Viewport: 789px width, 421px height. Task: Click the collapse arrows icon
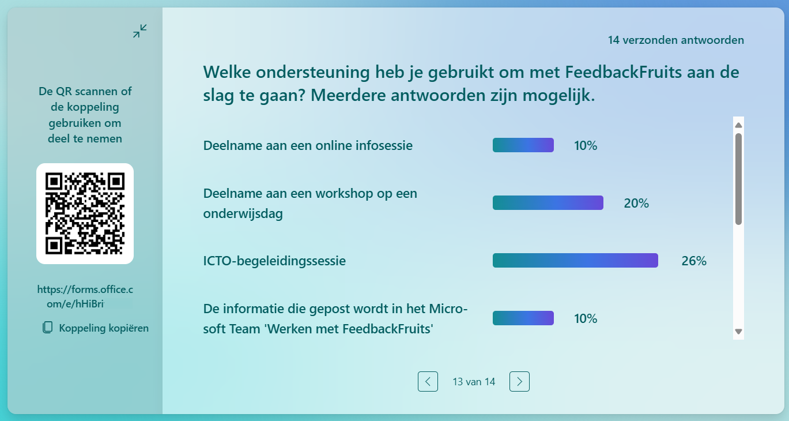coord(140,31)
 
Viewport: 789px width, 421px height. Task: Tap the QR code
coord(85,213)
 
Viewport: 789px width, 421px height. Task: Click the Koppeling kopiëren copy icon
coord(48,328)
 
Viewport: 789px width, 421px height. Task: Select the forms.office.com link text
coord(85,296)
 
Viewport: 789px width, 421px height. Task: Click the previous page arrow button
coord(428,381)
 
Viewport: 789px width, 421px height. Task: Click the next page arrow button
coord(519,381)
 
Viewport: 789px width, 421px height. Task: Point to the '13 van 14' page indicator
coord(474,382)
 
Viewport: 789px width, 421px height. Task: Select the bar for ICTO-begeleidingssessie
coord(575,261)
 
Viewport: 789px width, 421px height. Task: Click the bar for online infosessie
coord(523,145)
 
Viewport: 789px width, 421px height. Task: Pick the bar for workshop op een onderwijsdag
coord(548,203)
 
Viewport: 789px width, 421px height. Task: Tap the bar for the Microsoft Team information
coord(523,318)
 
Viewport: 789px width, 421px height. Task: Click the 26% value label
coord(694,261)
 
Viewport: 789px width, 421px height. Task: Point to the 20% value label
coord(636,203)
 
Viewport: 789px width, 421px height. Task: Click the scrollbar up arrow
coord(739,125)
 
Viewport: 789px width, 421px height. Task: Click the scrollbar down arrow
coord(739,332)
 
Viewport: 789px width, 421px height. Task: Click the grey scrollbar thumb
coord(739,179)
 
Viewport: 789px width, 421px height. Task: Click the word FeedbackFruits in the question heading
coord(624,72)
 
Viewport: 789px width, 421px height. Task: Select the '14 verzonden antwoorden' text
coord(676,40)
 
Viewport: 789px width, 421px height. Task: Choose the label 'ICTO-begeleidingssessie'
coord(274,261)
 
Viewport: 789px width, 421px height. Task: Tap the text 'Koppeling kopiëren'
coord(104,328)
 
